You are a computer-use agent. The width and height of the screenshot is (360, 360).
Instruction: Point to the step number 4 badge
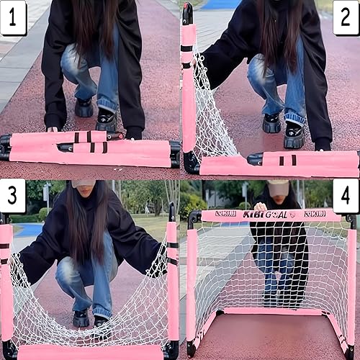click(x=346, y=196)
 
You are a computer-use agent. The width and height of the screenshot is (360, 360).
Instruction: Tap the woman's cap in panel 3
click(x=84, y=184)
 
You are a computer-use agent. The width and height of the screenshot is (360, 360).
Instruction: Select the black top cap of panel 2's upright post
click(x=187, y=13)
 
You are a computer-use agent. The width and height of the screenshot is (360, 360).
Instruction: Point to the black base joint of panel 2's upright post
click(x=191, y=163)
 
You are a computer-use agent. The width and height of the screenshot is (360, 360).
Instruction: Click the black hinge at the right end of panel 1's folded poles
click(x=175, y=153)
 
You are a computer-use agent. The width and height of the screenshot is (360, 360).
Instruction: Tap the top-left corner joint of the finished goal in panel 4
click(x=193, y=217)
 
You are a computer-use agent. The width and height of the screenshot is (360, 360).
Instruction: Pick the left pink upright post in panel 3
click(x=6, y=281)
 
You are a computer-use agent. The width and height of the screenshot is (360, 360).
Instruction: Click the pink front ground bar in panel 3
click(x=90, y=353)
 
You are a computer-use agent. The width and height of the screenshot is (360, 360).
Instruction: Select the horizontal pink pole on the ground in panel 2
click(x=281, y=164)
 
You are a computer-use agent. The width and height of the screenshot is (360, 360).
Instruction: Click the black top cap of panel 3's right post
click(x=171, y=213)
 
